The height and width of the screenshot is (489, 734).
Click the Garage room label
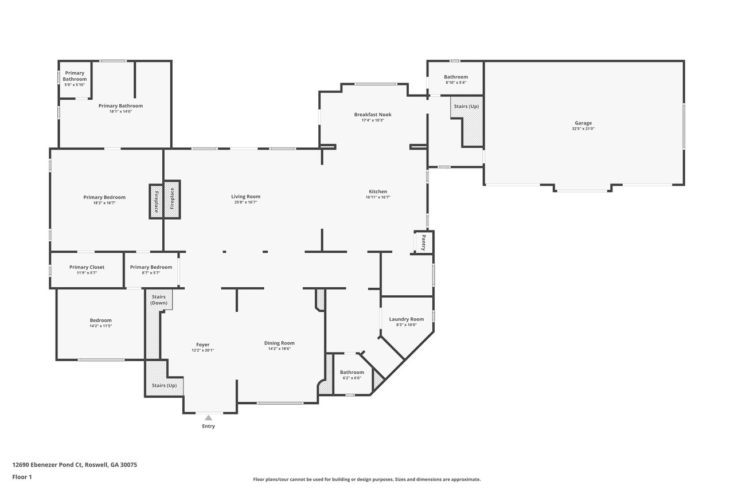pos(583,123)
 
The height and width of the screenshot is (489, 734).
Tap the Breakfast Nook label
pos(373,115)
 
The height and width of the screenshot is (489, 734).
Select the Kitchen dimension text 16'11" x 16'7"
pos(378,197)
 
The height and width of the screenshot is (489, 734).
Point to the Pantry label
pos(423,242)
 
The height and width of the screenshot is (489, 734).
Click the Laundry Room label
pos(407,319)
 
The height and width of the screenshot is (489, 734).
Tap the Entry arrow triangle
pos(208,417)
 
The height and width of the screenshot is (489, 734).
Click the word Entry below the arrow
pos(208,426)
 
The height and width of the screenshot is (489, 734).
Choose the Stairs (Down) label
pos(159,300)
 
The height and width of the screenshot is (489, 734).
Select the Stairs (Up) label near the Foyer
pos(164,385)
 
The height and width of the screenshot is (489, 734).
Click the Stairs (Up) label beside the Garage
pos(466,107)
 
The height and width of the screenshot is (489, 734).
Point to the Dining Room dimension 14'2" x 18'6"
pos(279,349)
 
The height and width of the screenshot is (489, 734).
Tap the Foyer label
pos(203,345)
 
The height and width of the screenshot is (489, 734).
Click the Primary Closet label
pos(87,267)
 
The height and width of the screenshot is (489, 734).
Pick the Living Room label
pos(246,197)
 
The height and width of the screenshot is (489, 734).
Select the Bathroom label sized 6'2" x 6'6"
pos(352,372)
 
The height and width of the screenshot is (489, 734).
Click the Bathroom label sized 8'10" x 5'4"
pos(456,77)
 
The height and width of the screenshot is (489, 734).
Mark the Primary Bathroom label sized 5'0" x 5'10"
pos(75,76)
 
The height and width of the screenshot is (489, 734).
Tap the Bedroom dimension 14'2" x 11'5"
pos(101,326)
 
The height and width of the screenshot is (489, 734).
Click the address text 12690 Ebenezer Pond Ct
pos(48,465)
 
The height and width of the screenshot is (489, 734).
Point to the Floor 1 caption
pos(22,477)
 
